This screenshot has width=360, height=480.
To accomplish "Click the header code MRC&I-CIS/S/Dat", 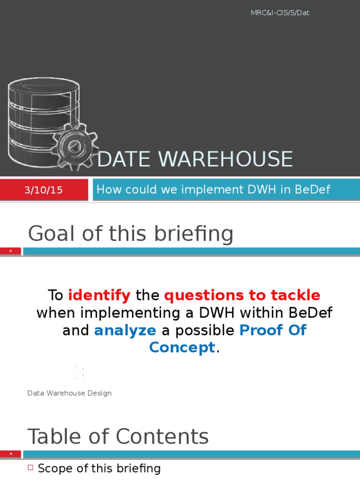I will point(280,13).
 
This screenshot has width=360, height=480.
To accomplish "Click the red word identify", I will point(99,295).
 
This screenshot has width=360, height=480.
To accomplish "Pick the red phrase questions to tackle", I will point(242,295).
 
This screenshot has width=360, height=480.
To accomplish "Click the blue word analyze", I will point(125,330).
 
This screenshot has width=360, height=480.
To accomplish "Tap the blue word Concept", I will point(182,347).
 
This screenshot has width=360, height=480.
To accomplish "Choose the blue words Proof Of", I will point(273,330).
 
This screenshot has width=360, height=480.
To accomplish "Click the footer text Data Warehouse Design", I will point(69,393).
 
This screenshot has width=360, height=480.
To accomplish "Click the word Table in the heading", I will point(54,436).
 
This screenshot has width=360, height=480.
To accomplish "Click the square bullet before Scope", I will point(31,468).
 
